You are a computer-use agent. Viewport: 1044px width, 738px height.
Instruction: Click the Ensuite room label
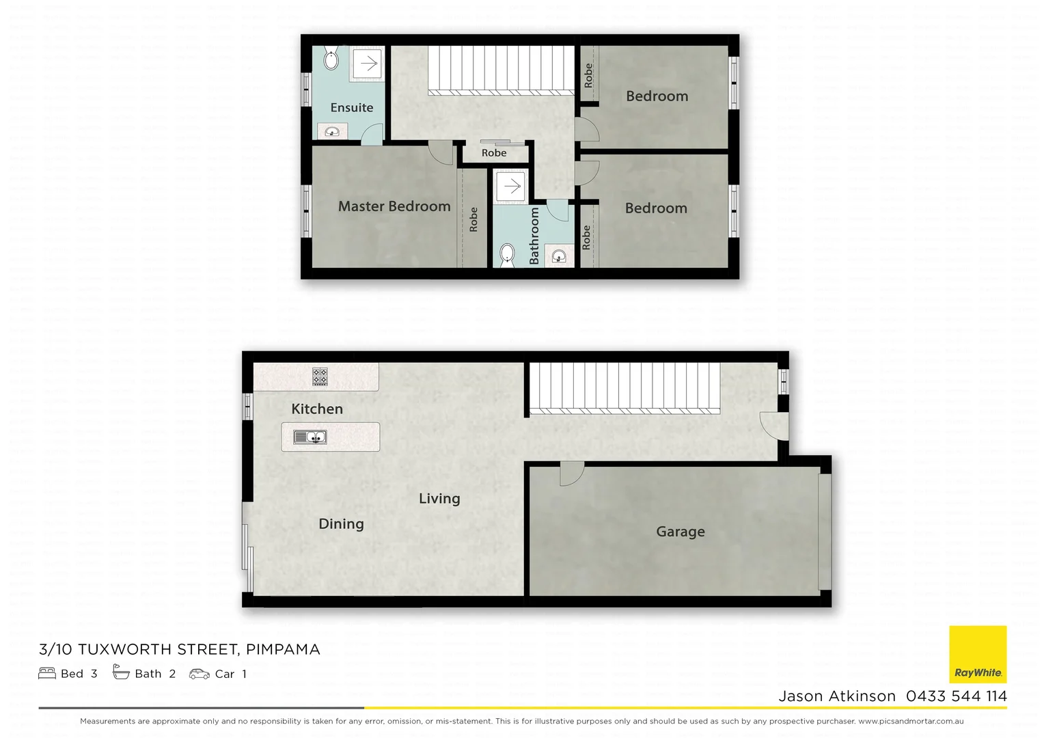(x=351, y=107)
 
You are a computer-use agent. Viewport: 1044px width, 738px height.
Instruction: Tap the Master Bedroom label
(x=394, y=206)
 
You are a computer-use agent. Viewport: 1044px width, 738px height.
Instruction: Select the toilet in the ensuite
(x=331, y=60)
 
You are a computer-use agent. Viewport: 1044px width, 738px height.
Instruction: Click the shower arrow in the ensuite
(x=368, y=64)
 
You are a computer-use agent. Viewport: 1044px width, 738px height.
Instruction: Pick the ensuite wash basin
(x=332, y=131)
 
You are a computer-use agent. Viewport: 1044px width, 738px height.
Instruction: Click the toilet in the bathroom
(x=507, y=256)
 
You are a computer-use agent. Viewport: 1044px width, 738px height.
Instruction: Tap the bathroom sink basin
(x=559, y=256)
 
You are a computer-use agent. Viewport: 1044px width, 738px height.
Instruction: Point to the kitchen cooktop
(x=320, y=377)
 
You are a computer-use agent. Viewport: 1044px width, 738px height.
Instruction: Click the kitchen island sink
(x=310, y=437)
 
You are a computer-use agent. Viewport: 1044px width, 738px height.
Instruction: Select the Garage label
(x=680, y=532)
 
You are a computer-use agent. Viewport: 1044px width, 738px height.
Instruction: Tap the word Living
(x=439, y=499)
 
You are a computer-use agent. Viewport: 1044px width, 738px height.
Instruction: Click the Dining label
(x=341, y=524)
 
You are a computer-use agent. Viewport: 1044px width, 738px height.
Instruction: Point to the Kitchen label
(x=317, y=409)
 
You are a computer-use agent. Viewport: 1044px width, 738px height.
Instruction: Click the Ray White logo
(x=978, y=655)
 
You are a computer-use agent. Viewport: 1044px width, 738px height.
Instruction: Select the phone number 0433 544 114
(x=956, y=696)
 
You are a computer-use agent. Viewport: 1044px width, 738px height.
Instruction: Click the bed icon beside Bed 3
(x=47, y=674)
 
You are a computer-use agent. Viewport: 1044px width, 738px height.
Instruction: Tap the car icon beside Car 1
(x=200, y=674)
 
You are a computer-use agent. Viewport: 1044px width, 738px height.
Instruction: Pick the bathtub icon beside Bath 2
(x=121, y=673)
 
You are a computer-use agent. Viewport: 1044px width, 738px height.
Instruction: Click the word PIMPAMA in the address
(x=283, y=649)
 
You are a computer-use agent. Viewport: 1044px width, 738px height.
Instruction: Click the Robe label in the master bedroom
(x=473, y=219)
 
